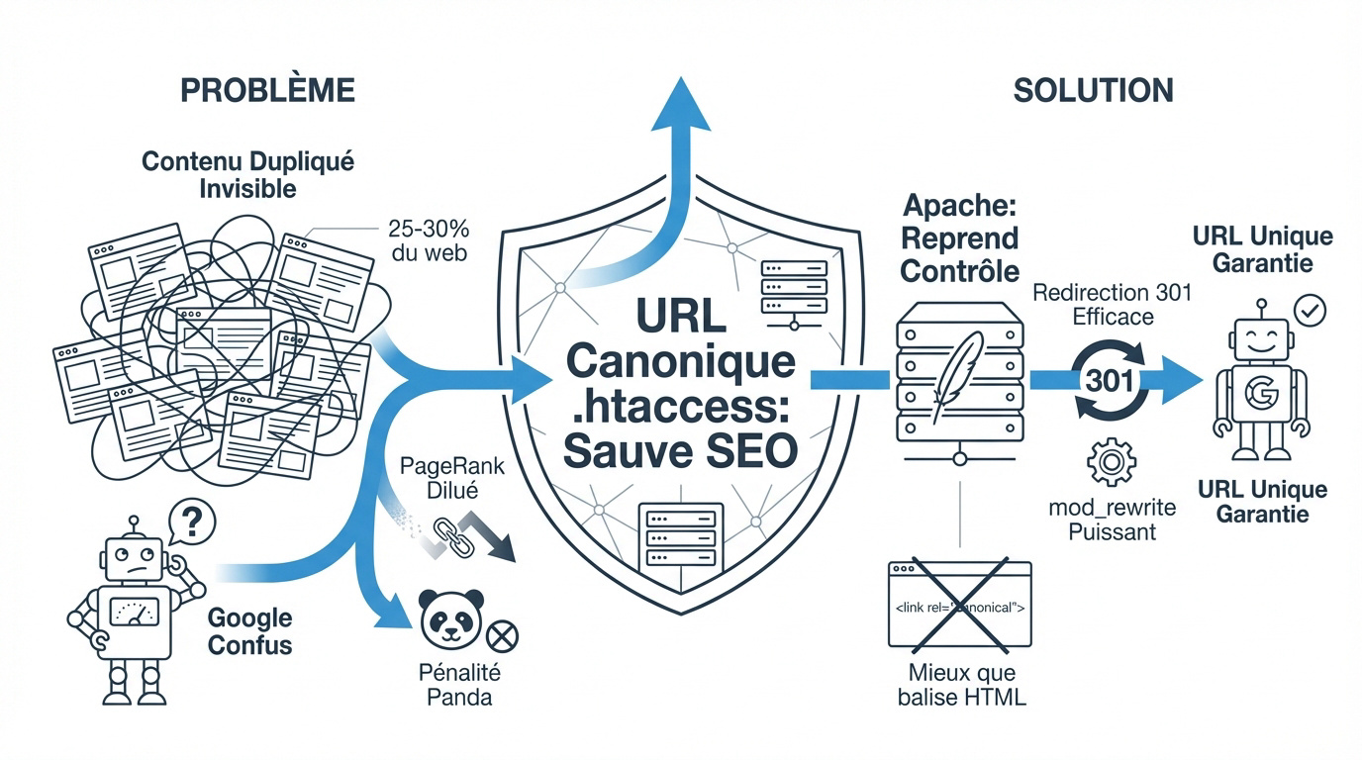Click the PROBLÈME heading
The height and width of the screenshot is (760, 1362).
click(267, 90)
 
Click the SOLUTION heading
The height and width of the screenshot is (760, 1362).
click(1093, 90)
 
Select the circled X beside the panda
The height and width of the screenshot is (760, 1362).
click(503, 634)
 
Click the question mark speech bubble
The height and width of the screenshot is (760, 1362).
click(191, 522)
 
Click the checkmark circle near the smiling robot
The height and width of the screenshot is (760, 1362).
click(1310, 312)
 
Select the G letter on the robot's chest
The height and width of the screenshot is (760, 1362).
click(1259, 395)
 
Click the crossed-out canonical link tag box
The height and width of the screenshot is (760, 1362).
click(959, 605)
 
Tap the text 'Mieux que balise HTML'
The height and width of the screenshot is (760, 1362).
click(961, 685)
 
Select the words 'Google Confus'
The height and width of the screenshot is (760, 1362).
click(249, 631)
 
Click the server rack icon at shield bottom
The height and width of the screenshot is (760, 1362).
click(675, 533)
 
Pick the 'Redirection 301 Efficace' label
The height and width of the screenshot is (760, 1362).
click(1112, 305)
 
